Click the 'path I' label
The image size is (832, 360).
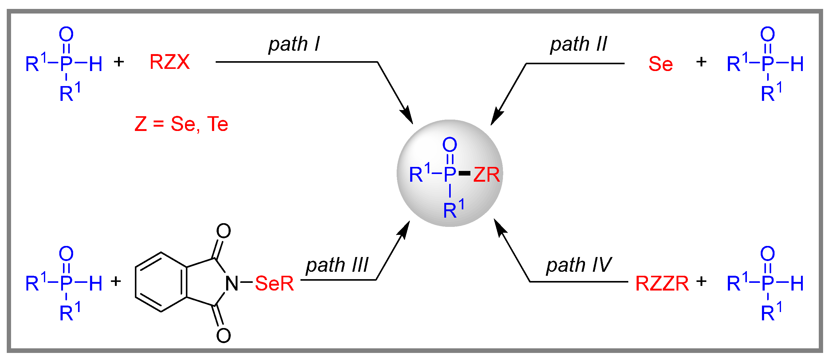294,44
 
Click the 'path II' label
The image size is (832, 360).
579,44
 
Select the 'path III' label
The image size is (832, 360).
337,265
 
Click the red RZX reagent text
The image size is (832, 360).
170,62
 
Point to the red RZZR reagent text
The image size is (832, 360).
662,283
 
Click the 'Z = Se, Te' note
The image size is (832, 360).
181,124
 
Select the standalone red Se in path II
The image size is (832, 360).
661,64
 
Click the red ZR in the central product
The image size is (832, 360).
486,175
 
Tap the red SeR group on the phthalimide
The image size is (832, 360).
274,283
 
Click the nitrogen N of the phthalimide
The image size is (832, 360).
232,283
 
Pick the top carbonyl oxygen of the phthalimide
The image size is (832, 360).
223,231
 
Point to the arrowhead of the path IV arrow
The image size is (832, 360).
500,228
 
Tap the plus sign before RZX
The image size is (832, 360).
119,61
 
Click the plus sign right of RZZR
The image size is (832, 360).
701,281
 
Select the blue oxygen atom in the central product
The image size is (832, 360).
449,144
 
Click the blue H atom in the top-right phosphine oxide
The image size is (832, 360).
797,64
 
